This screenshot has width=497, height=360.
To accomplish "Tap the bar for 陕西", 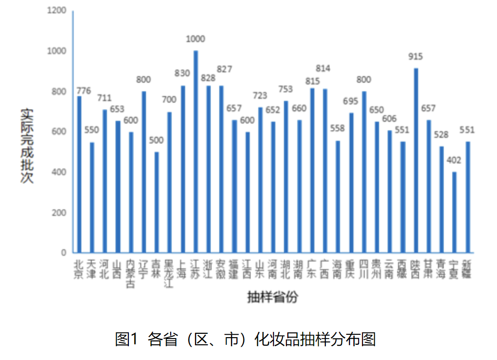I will coord(416,160).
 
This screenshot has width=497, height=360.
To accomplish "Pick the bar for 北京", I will coord(79,174).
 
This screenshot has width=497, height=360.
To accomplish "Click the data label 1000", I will coord(195,39).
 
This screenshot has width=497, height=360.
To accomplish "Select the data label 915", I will coord(415,57).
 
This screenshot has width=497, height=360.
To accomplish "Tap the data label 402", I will coord(454,160).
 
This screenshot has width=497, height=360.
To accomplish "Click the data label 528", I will coord(441,135).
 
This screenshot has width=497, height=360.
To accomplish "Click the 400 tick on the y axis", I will coord(59,172).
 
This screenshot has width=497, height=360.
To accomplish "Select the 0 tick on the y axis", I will coord(63,253).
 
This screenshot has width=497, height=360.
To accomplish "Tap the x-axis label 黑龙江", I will coord(169,274).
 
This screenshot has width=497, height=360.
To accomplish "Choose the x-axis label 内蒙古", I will coord(131,274).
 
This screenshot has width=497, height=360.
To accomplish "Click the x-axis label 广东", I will coord(312,269).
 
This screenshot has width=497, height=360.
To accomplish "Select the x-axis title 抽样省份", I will coord(273,298).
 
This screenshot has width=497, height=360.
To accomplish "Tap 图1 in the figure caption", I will coord(126,339).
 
